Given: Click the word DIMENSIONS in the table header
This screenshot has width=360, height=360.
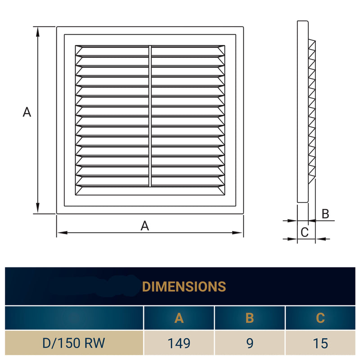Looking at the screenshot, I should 184,286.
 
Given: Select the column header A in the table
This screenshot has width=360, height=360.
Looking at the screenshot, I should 179,318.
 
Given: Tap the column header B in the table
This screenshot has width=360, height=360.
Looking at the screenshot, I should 250,318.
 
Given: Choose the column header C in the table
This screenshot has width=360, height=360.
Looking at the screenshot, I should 320,318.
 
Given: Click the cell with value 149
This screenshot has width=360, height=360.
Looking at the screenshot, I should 179,343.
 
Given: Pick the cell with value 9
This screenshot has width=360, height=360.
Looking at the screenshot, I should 250,343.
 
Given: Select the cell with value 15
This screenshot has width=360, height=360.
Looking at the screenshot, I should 320,343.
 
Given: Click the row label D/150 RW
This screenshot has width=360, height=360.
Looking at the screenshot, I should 74,343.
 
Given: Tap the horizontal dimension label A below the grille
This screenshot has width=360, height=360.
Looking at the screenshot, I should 144,226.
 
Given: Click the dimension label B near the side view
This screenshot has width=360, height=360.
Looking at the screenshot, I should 325,214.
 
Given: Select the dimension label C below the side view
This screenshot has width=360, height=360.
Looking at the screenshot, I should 304,232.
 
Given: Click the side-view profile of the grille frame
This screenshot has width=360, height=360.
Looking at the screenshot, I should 303,112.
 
